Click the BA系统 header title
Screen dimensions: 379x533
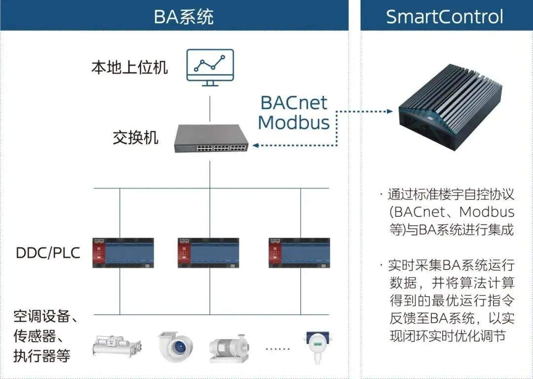point(183,16)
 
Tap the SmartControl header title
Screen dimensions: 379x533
point(444,16)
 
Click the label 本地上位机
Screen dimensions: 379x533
point(129,67)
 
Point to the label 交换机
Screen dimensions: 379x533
point(135,138)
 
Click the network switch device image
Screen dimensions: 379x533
point(211,139)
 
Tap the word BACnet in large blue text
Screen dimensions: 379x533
point(294,103)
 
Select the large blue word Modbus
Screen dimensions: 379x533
point(294,122)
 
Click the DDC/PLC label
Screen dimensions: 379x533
point(48,253)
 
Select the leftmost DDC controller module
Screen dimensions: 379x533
point(123,253)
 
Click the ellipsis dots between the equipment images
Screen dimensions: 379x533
point(278,348)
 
